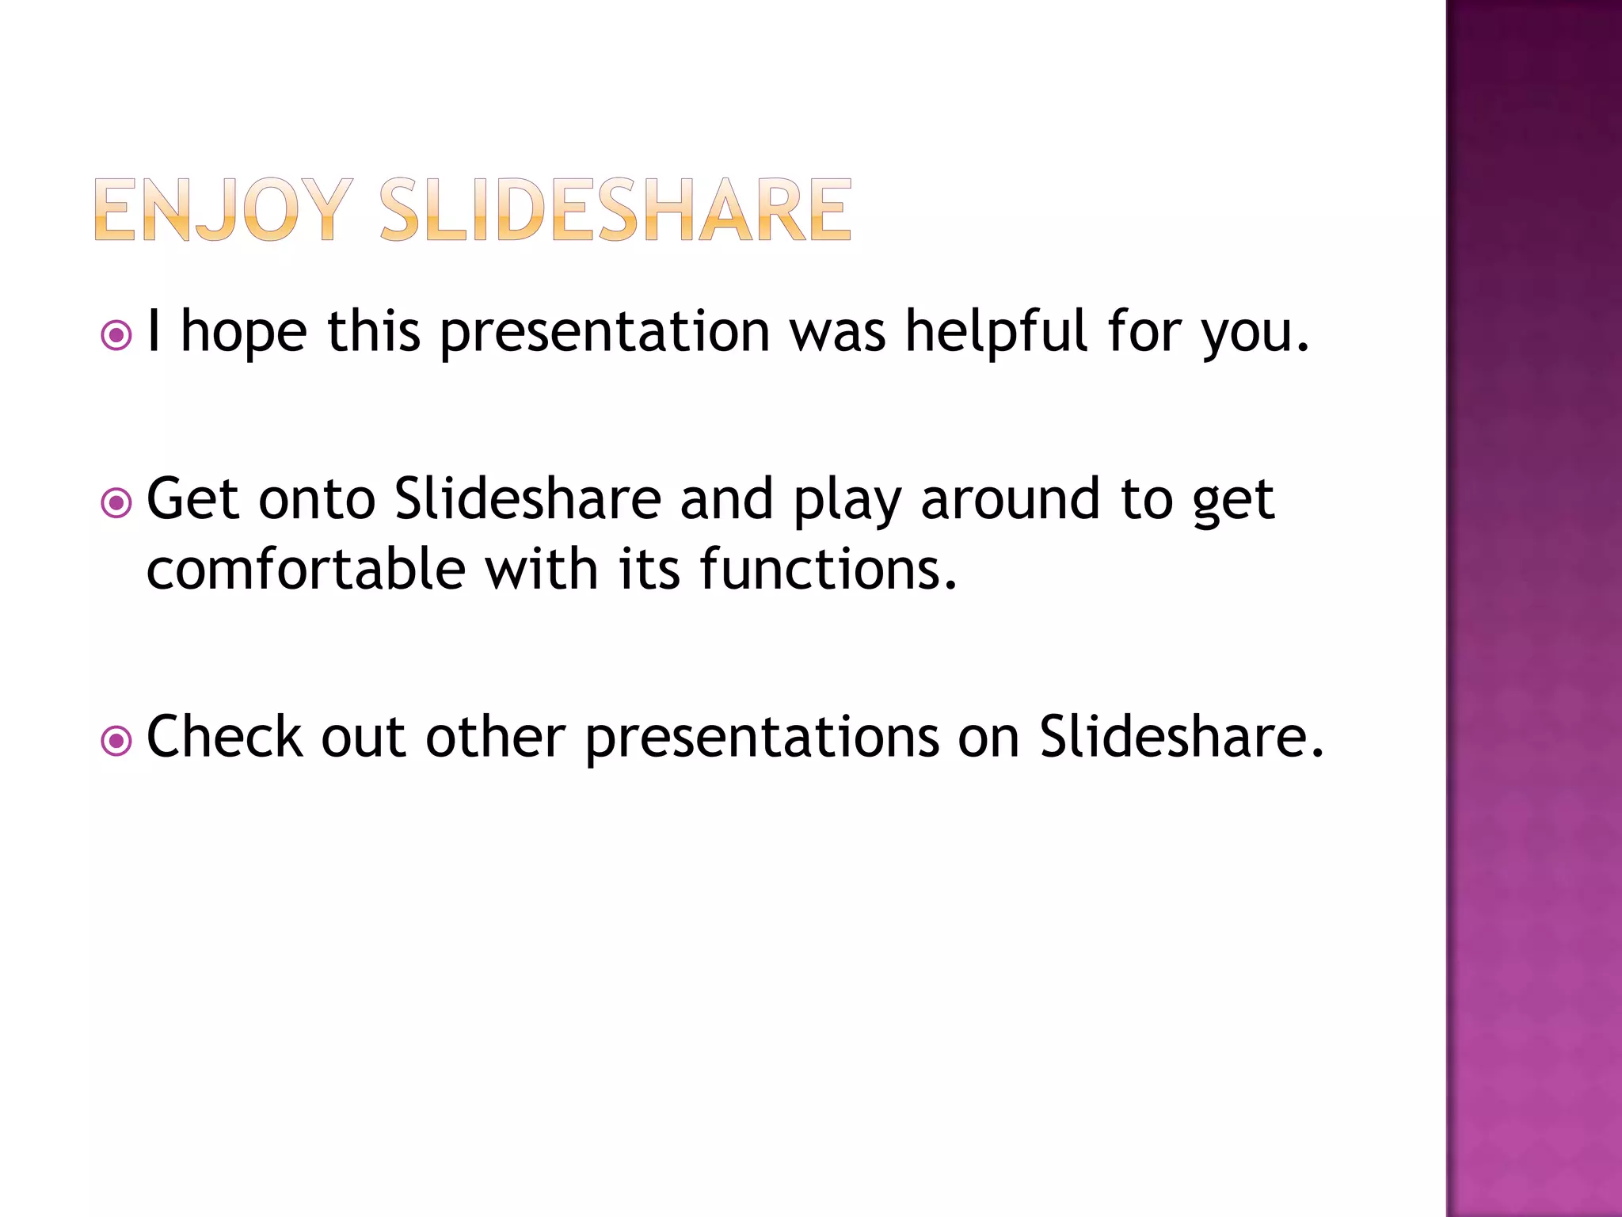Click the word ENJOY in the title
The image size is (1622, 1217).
tap(222, 210)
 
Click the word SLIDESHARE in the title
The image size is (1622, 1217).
tap(615, 210)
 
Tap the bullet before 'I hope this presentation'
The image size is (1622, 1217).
tap(116, 335)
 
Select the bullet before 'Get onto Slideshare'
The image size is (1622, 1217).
tap(116, 503)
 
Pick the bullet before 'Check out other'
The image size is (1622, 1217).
tap(116, 742)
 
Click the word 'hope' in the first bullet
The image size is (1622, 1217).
tap(244, 333)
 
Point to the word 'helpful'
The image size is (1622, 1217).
tap(996, 333)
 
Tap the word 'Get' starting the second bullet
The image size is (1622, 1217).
tap(192, 500)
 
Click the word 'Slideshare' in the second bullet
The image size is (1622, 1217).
tap(527, 500)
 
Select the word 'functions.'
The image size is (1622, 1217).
tap(828, 570)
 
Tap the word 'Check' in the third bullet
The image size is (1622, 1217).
tap(224, 738)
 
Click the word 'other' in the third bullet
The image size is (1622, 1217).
tap(495, 738)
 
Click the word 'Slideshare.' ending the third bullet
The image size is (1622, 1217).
tap(1181, 738)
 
